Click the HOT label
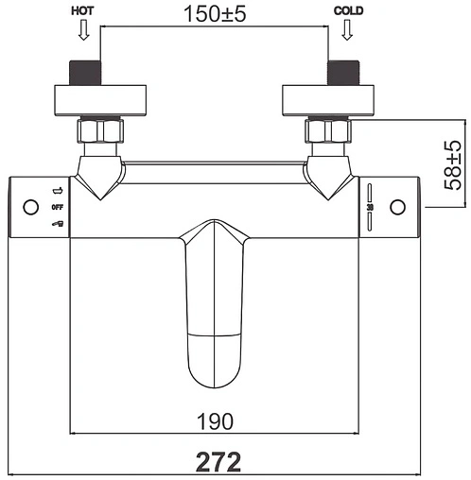click(x=82, y=11)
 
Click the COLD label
click(x=348, y=11)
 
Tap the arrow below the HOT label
click(x=83, y=30)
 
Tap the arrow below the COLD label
click(x=347, y=30)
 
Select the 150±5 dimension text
click(x=215, y=14)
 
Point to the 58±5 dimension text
click(x=452, y=165)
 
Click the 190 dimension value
click(x=215, y=421)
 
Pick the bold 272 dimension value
click(x=218, y=462)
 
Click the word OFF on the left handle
click(x=58, y=207)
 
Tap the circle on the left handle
click(x=31, y=207)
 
